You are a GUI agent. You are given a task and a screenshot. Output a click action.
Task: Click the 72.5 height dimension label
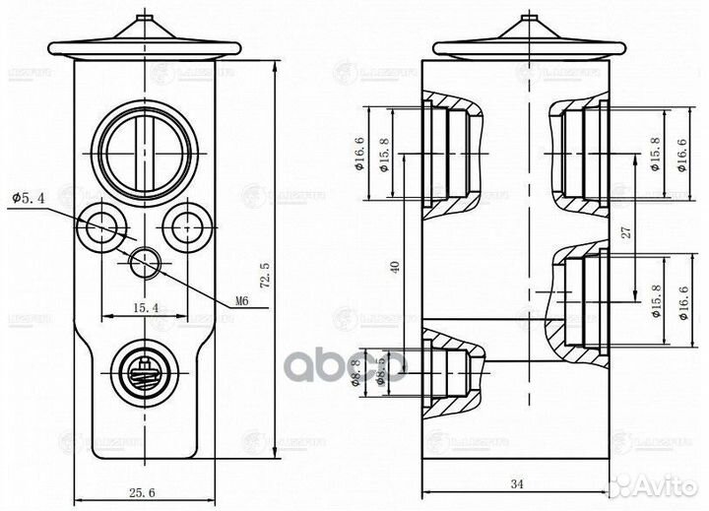263,277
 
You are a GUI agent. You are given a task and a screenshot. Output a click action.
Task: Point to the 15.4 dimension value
145,308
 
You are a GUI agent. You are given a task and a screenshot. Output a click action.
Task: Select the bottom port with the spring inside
142,370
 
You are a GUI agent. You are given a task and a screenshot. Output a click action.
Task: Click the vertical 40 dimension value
395,267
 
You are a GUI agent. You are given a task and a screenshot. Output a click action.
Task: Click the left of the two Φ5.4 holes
102,227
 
